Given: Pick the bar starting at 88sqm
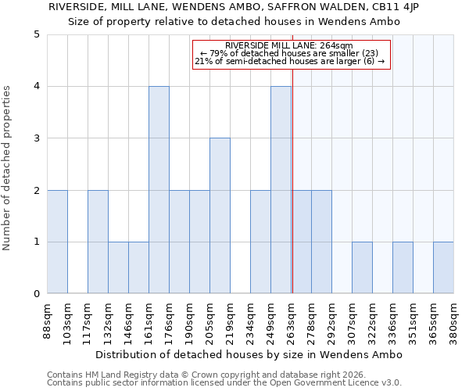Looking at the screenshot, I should (57, 242).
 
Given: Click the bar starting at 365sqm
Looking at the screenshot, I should (443, 267).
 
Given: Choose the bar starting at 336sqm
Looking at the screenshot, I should (403, 267).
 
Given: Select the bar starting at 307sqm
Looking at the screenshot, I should (362, 267).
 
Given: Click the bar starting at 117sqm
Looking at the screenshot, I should (98, 242).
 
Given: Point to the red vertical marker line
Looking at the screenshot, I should (292, 156).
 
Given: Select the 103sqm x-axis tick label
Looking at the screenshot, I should (67, 321).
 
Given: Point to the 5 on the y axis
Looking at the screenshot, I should (36, 34).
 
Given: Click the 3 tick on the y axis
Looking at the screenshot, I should (36, 138).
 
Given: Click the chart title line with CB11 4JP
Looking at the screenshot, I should (234, 7).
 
